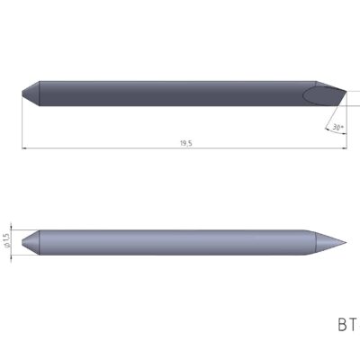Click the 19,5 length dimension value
click(185, 143)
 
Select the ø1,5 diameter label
click(8, 240)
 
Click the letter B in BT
click(343, 323)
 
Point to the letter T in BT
click(355, 323)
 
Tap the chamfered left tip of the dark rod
click(31, 91)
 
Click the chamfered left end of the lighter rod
click(30, 241)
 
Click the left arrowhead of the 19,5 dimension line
click(25, 148)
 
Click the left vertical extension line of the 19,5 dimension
click(22, 121)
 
